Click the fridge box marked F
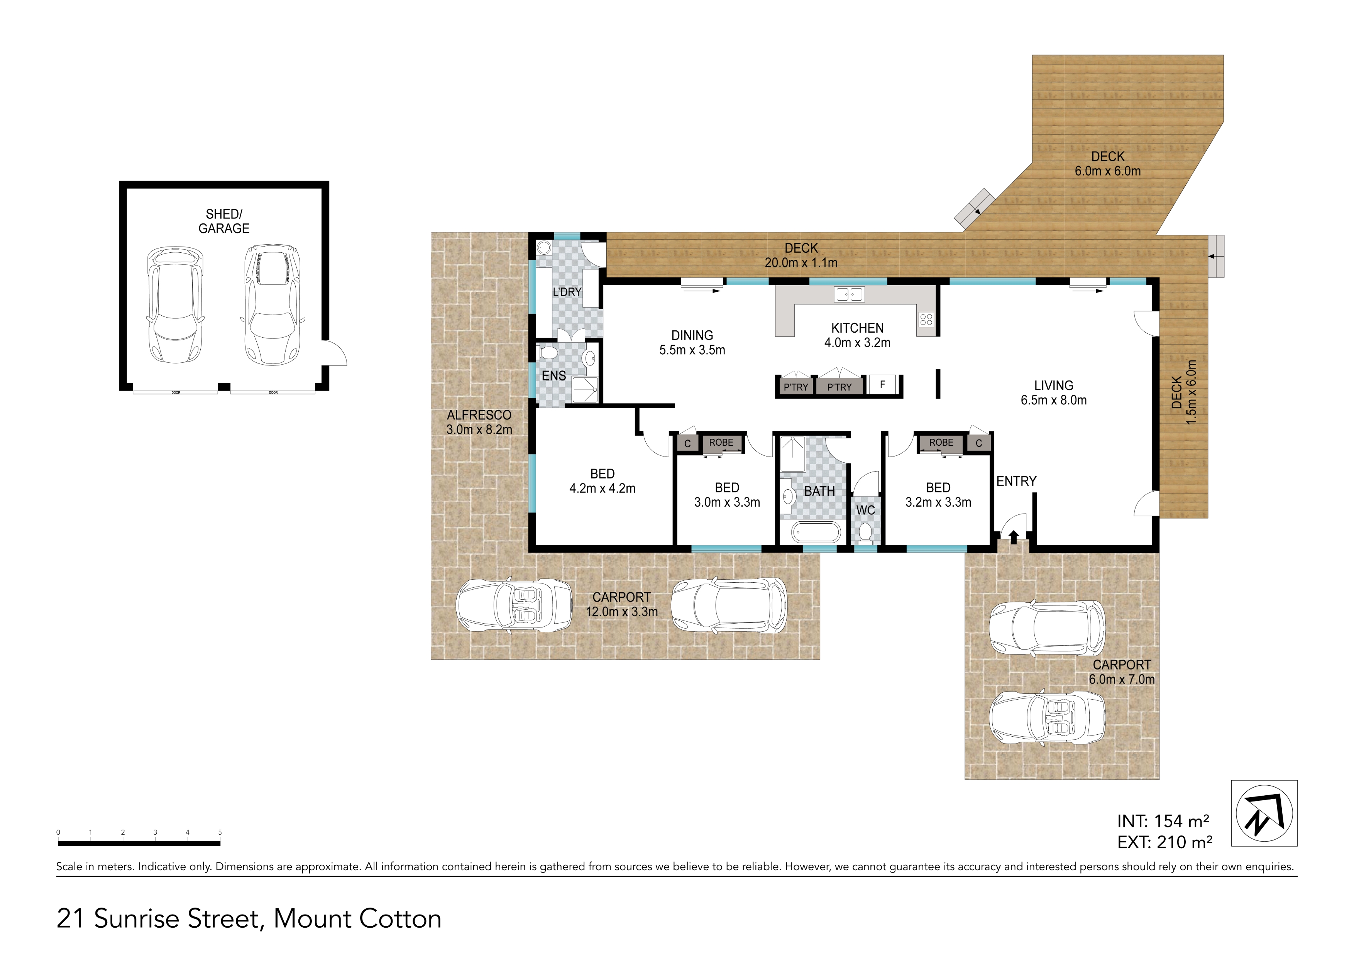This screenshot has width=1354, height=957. [x=882, y=384]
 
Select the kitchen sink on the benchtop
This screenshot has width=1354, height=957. [x=849, y=294]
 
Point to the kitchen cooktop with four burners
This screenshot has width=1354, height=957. [x=926, y=320]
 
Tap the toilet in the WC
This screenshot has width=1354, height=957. [x=865, y=533]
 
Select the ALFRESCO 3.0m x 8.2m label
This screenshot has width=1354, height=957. [x=479, y=422]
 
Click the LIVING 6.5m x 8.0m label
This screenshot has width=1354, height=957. [x=1053, y=393]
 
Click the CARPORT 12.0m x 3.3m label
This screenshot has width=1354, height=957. [x=621, y=604]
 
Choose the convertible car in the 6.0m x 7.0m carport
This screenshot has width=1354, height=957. [x=1047, y=719]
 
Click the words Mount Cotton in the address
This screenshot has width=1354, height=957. [x=357, y=919]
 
